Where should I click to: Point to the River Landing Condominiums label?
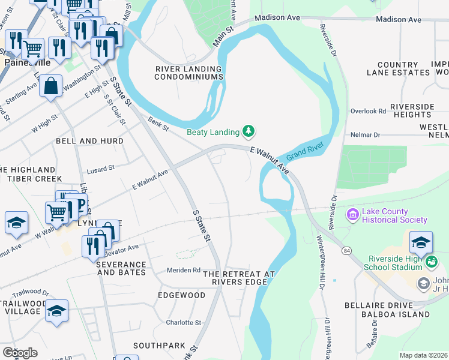tap(189, 73)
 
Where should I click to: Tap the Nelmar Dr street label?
tap(369, 135)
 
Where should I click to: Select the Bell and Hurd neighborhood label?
tap(89, 141)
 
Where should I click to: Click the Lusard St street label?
tap(100, 169)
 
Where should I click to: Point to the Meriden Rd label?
tap(183, 270)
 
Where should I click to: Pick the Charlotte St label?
tap(183, 322)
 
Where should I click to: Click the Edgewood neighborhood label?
tap(181, 296)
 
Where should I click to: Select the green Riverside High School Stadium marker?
tap(431, 262)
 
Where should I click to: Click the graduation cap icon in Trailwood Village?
tap(56, 311)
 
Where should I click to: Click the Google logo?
tap(20, 353)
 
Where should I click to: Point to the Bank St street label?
tap(159, 124)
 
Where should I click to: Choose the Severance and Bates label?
tap(121, 268)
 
